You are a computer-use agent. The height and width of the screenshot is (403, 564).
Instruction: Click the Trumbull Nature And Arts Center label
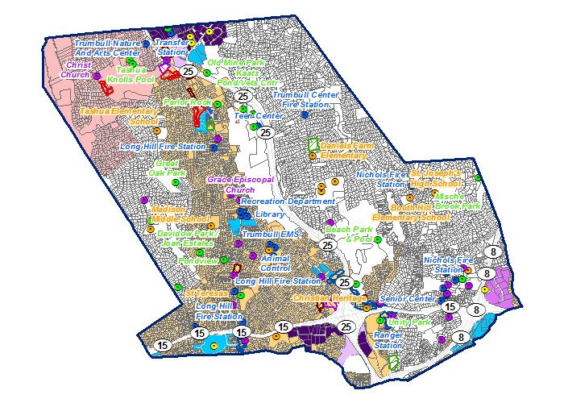(x=108, y=48)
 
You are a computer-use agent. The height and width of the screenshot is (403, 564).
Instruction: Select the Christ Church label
(x=79, y=70)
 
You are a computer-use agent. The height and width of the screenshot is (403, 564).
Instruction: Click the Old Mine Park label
(x=236, y=63)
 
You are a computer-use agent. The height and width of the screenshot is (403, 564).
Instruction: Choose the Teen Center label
(x=256, y=116)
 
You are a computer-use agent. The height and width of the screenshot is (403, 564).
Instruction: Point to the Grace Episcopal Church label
(x=240, y=185)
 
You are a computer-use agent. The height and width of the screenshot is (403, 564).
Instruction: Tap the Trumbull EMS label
(x=271, y=234)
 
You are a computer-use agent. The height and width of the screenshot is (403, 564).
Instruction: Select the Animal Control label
(x=276, y=262)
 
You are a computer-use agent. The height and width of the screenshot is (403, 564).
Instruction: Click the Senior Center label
(x=407, y=298)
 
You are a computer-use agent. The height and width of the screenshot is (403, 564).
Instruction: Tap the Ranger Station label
(x=388, y=339)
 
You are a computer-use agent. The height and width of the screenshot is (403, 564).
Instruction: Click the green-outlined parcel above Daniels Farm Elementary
(x=314, y=146)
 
